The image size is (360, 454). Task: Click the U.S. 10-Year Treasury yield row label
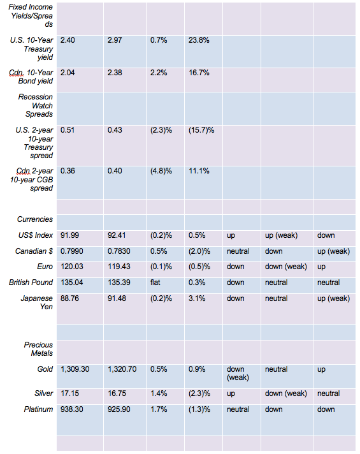32,48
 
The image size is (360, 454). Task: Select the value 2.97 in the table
115,40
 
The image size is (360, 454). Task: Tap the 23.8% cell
199,40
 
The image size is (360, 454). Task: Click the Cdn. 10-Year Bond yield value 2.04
68,73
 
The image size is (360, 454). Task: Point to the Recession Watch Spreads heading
36,105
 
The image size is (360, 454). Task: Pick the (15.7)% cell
201,130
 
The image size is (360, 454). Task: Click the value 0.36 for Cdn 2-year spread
68,171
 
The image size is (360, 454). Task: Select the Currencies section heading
35,219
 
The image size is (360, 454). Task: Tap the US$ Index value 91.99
69,235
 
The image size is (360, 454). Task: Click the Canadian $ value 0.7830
119,251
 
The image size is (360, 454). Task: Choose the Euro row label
45,267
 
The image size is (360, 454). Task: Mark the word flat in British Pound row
155,282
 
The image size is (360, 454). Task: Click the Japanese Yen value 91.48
117,298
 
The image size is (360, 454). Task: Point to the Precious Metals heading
38,349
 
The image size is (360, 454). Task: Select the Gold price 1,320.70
122,369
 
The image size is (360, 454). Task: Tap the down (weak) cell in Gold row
238,373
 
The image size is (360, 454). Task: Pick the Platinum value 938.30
72,409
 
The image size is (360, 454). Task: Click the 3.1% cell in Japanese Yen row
197,298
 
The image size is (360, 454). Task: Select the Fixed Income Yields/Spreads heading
31,16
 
